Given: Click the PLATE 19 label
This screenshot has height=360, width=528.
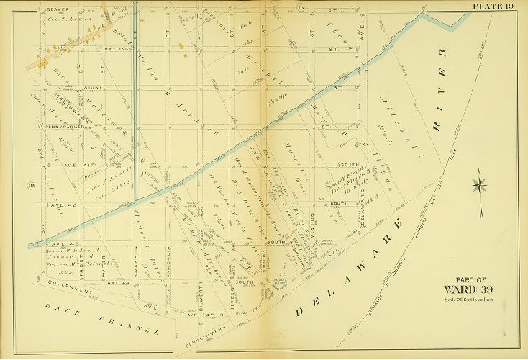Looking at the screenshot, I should [493, 6].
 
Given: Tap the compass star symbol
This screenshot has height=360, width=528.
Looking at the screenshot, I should [479, 185].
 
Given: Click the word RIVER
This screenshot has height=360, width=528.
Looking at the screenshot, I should [440, 90].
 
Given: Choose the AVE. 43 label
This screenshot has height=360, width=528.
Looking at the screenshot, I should [58, 245].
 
